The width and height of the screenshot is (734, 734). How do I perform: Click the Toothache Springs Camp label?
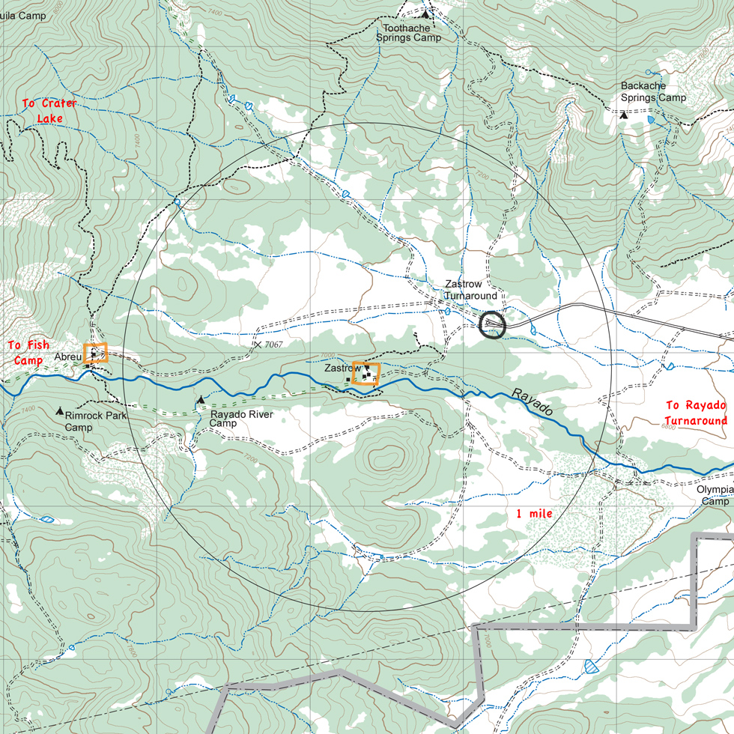tap(408, 31)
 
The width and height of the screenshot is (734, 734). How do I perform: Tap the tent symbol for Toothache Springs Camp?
tap(426, 13)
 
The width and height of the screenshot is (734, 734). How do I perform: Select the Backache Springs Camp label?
tap(653, 92)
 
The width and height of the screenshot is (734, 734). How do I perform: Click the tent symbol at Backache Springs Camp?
tap(624, 115)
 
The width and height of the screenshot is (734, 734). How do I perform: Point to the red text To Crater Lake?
tap(49, 111)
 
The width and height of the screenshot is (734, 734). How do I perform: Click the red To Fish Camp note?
tap(28, 352)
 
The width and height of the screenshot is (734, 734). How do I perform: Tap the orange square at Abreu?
tap(95, 353)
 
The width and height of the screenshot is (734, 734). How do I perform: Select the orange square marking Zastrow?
tap(366, 373)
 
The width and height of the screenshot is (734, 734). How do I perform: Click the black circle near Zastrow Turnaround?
tap(492, 324)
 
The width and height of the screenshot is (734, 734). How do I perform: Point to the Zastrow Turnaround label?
tap(470, 291)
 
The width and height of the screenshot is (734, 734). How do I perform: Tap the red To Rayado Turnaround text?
tap(696, 413)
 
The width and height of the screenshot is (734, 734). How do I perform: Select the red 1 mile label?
tap(534, 514)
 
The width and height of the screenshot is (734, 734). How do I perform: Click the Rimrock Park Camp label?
tap(95, 421)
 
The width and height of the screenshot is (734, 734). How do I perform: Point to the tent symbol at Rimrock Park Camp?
tap(60, 411)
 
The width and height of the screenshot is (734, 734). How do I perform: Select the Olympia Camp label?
tap(715, 495)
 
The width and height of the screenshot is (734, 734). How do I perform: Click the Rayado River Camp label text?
tap(241, 419)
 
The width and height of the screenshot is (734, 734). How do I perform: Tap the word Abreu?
tap(67, 358)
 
